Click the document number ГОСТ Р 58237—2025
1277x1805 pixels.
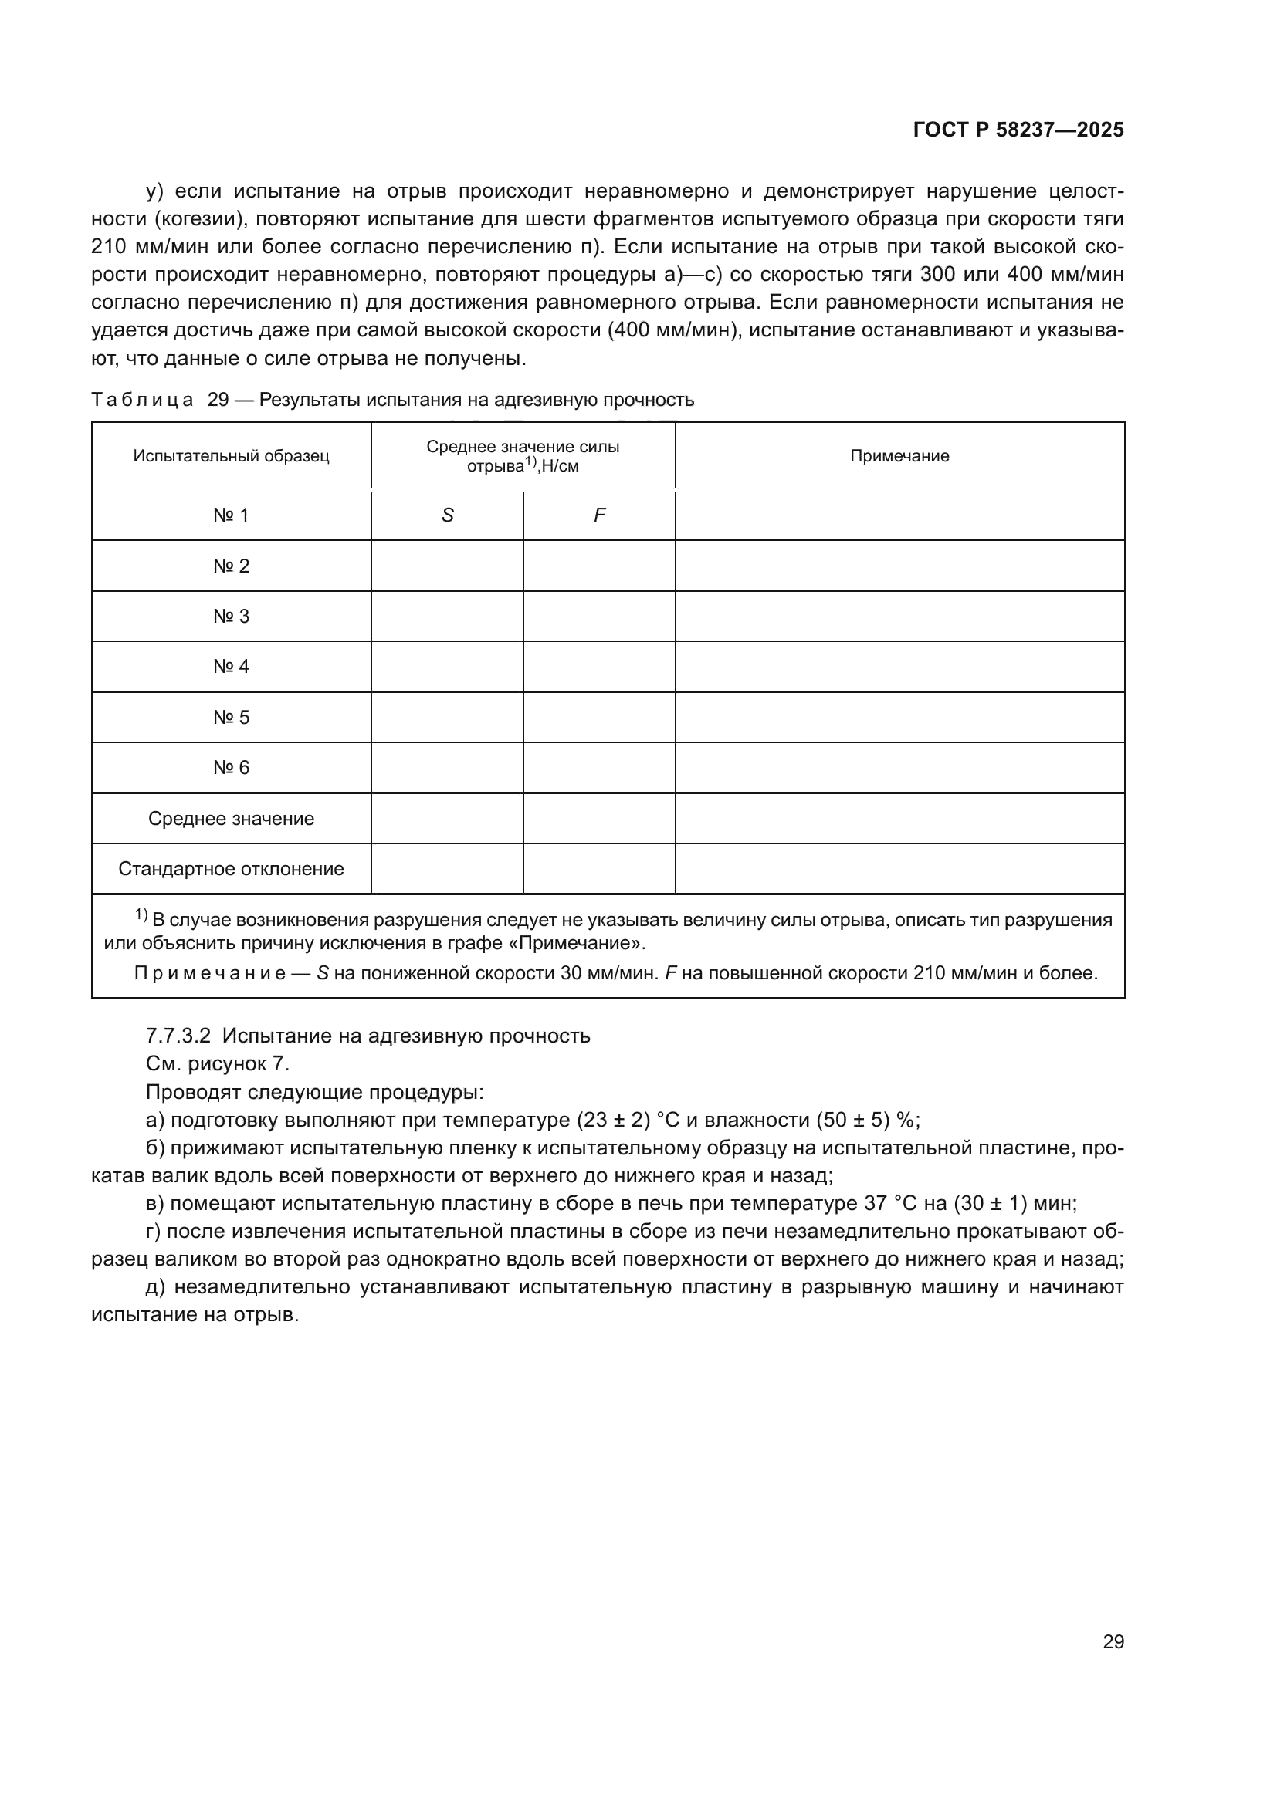pyautogui.click(x=1018, y=130)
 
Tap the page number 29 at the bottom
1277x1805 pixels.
pyautogui.click(x=1113, y=1641)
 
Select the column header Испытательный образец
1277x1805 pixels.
pyautogui.click(x=231, y=456)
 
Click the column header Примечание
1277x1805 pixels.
pyautogui.click(x=899, y=456)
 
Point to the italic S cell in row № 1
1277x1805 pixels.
pyautogui.click(x=448, y=515)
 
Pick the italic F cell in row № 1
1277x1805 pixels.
pyautogui.click(x=599, y=515)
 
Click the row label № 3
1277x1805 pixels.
pyautogui.click(x=231, y=617)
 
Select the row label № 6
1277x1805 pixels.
pyautogui.click(x=231, y=767)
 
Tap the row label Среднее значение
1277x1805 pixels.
pyautogui.click(x=231, y=818)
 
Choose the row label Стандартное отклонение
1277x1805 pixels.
pyautogui.click(x=231, y=869)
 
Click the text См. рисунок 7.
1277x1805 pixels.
pyautogui.click(x=218, y=1063)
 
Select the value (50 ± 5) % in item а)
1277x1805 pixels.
pyautogui.click(x=868, y=1120)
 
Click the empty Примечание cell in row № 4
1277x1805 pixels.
pyautogui.click(x=899, y=667)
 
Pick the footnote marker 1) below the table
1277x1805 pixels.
pyautogui.click(x=141, y=915)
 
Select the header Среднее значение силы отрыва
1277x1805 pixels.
pyautogui.click(x=523, y=456)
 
